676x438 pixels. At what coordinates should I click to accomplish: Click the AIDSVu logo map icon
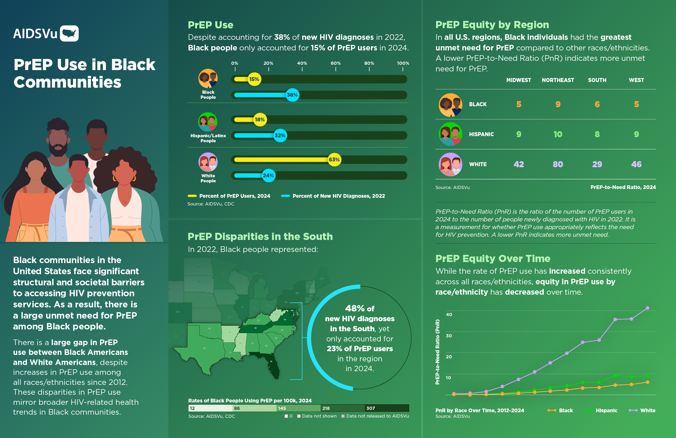tap(69, 33)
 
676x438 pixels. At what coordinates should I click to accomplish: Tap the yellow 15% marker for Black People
tap(254, 79)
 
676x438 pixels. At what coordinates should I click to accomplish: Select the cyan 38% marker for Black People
tap(292, 95)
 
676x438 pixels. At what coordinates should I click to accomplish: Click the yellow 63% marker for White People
tap(334, 160)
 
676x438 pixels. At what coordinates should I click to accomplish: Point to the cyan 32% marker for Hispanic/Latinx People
tap(280, 136)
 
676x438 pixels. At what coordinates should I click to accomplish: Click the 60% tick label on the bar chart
tap(335, 63)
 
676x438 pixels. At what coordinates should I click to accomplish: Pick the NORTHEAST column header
tap(558, 80)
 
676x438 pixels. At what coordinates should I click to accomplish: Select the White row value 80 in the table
tap(558, 164)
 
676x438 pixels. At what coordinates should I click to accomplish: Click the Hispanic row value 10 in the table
tap(558, 134)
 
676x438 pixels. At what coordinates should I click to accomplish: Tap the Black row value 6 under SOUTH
tap(597, 104)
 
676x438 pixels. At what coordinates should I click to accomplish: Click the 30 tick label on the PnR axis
tap(449, 336)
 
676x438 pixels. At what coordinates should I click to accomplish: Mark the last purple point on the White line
tap(648, 308)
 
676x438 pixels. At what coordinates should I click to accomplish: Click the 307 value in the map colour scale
tap(371, 408)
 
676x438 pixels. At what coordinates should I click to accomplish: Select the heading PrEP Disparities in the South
tap(260, 236)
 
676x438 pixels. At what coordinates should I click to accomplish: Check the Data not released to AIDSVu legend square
tap(343, 416)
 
